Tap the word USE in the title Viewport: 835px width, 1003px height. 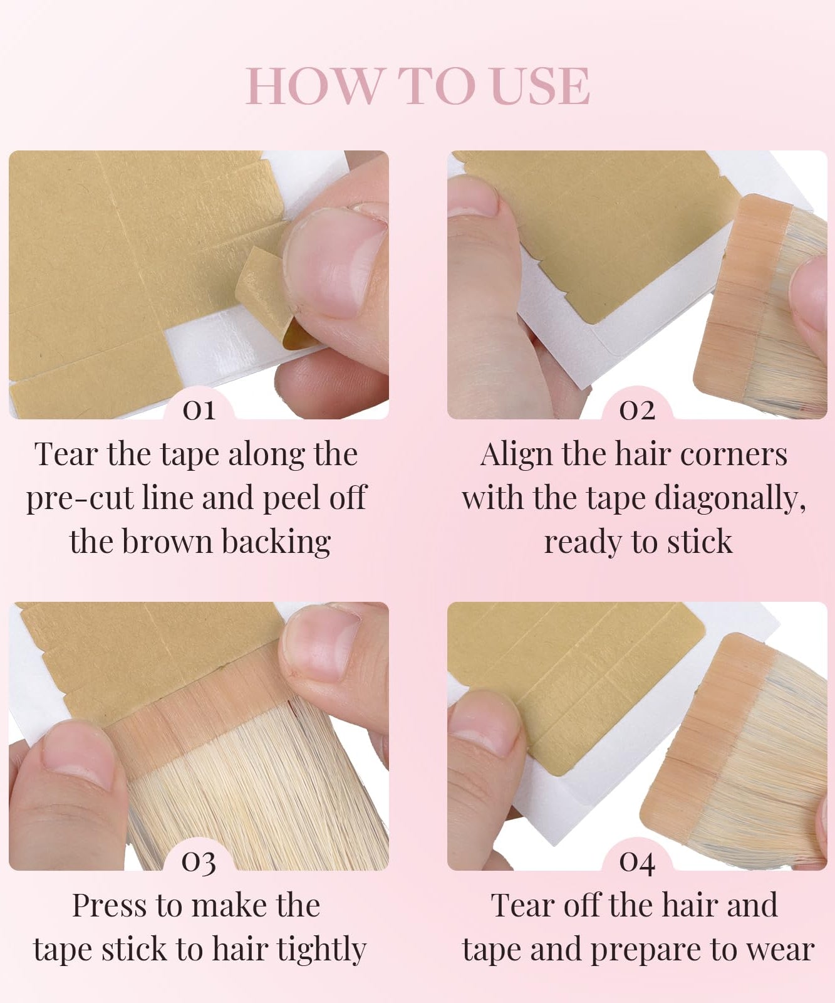coord(541,86)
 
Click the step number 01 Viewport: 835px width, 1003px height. coord(199,410)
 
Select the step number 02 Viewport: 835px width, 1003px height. coord(637,410)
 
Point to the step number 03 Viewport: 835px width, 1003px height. coord(199,862)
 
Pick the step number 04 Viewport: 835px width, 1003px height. coord(637,862)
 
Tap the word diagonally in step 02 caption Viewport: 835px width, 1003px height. coord(730,499)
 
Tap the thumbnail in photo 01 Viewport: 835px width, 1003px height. coord(332,257)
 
